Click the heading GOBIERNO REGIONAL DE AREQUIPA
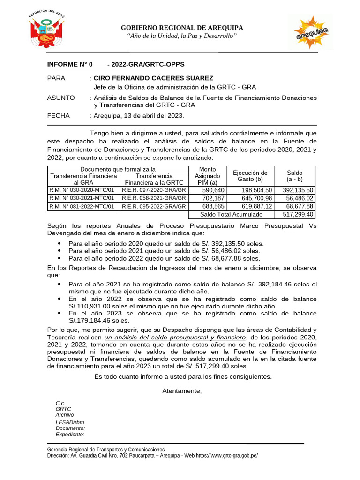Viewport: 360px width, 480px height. coord(182,28)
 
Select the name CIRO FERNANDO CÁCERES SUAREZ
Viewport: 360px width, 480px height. coord(153,78)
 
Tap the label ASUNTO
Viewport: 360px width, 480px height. coord(61,97)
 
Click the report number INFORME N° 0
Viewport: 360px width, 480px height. coord(70,64)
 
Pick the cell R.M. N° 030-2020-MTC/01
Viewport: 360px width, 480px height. coord(82,190)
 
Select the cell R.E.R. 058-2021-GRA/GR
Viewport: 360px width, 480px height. coord(154,198)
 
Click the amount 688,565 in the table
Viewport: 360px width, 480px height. coord(213,206)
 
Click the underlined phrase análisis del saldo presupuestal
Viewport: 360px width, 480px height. coord(174,337)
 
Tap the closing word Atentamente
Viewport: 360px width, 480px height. coord(182,391)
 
